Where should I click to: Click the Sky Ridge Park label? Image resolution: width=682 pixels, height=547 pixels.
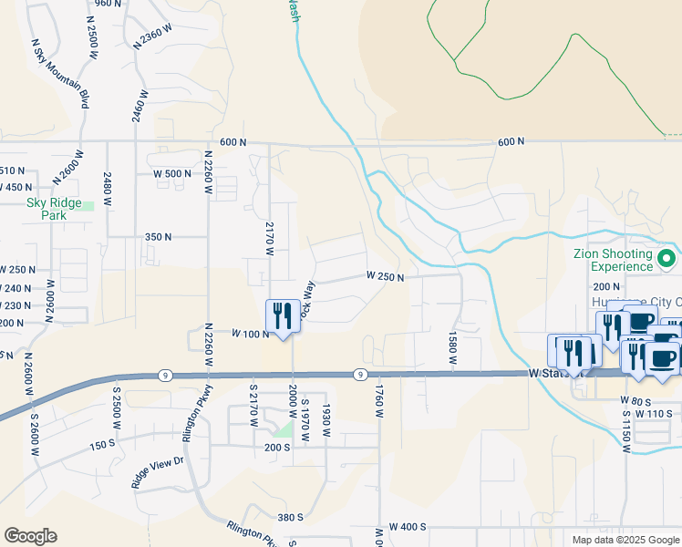point(54,209)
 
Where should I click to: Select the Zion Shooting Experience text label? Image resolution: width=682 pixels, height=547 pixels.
point(612,260)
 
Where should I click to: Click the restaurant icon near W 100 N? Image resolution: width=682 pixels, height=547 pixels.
point(283,316)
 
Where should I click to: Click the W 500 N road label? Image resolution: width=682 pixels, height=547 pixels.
point(172,173)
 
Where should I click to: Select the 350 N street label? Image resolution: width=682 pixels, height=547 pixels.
point(158,236)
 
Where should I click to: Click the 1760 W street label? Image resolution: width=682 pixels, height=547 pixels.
point(377,401)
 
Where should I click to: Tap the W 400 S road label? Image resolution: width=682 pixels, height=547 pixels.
point(408,527)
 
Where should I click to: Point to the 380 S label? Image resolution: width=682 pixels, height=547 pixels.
point(290,517)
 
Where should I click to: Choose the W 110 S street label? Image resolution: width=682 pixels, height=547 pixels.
point(654,413)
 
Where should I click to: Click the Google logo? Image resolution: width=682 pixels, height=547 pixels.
point(30,536)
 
